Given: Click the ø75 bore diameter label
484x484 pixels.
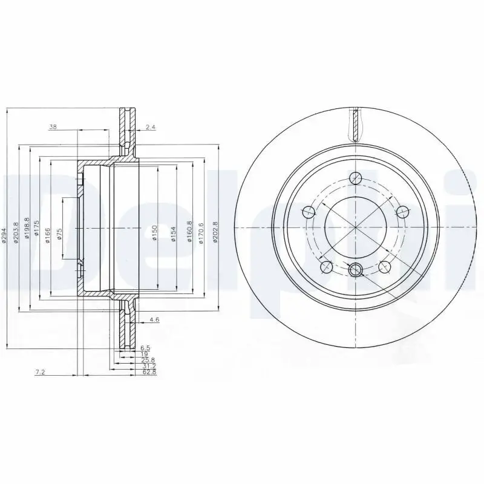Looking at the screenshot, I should [59, 234].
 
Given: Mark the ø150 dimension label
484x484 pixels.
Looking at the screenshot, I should [154, 232].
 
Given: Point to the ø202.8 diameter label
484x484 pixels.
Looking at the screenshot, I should [215, 232].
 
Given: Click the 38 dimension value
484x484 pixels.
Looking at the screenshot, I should [53, 127].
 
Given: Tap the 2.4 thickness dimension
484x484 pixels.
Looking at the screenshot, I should [151, 127].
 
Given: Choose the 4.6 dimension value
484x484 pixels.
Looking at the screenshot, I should [154, 319].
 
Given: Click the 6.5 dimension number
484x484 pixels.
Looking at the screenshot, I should [145, 347].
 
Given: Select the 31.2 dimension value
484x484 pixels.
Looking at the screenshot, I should [148, 366].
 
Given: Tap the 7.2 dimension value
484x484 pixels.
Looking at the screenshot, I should [41, 373].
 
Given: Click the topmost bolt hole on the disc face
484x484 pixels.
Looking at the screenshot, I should [356, 178].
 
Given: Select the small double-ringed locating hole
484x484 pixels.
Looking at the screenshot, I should [356, 270].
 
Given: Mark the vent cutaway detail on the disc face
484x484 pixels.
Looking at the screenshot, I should [356, 124].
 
